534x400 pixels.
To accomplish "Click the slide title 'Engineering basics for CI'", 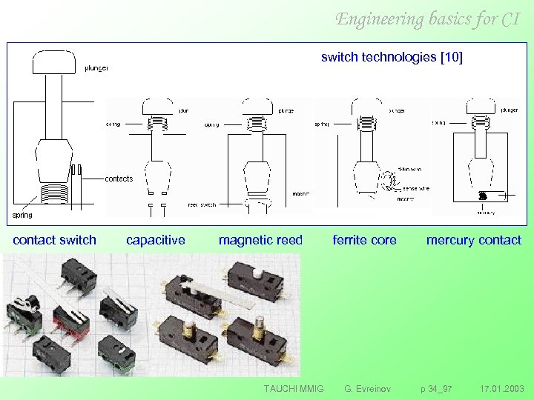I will [427, 19].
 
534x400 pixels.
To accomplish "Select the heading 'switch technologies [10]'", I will [392, 57].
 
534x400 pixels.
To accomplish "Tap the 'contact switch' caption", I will [54, 239].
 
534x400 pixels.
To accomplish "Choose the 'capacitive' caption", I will [156, 239].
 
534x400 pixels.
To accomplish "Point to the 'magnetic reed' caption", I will [260, 239].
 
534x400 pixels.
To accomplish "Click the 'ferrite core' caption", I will [364, 239].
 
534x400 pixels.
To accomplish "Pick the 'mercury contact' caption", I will [473, 239].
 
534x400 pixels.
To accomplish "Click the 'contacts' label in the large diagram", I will [119, 179].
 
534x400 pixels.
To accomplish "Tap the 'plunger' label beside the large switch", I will [96, 68].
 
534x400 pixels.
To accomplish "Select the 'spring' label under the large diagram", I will [22, 216].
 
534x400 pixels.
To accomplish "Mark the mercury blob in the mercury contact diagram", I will [482, 195].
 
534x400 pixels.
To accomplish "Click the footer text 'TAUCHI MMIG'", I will [294, 388].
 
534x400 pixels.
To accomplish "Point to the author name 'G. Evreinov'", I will [366, 388].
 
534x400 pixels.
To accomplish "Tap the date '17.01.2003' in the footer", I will [501, 388].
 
